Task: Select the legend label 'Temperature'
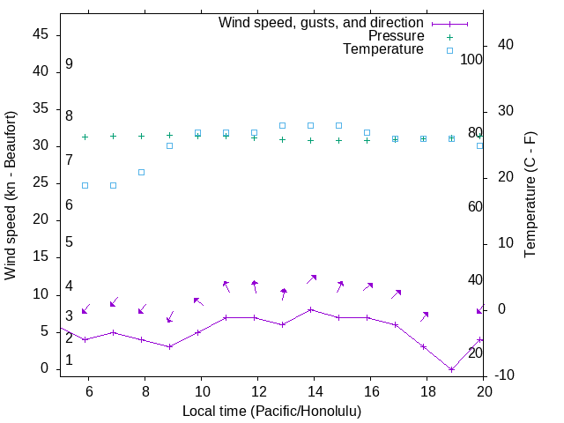[383, 50]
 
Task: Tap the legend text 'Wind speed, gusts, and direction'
[322, 22]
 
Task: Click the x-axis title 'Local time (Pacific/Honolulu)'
[271, 411]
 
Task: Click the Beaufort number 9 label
[69, 64]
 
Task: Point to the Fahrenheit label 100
[471, 59]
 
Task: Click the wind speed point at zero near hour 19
[451, 369]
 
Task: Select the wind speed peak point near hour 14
[310, 309]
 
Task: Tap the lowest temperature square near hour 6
[85, 185]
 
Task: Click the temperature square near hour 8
[141, 172]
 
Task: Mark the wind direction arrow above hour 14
[311, 278]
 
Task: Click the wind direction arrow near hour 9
[170, 316]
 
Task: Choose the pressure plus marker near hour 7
[113, 136]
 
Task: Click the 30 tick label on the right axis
[506, 111]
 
